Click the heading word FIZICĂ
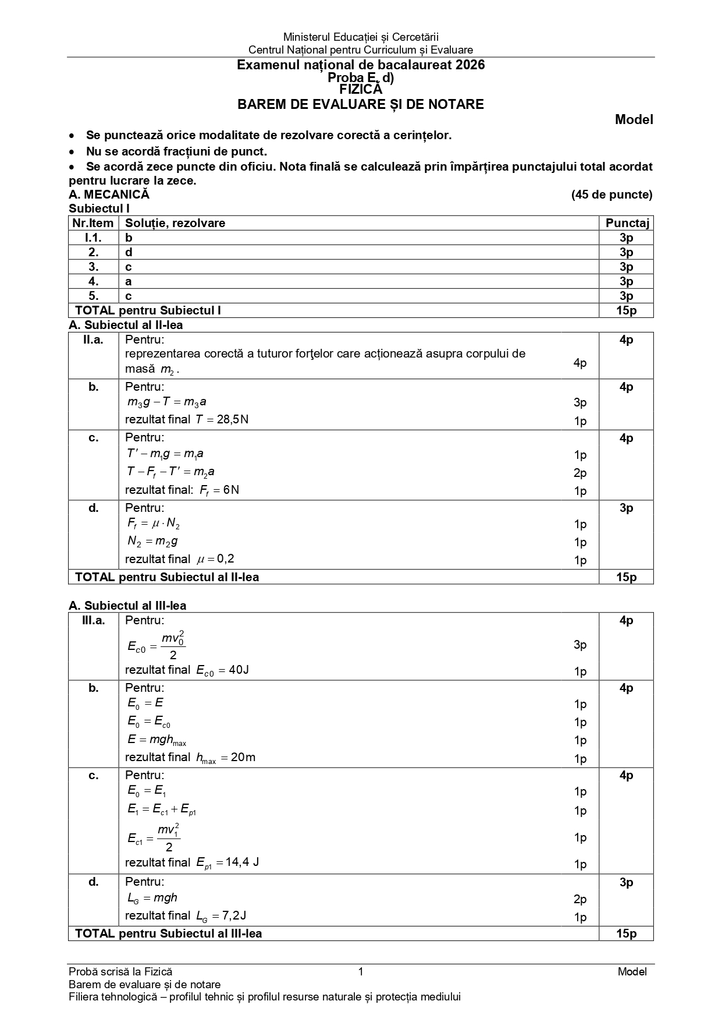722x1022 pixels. click(361, 90)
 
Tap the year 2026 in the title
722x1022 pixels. click(470, 65)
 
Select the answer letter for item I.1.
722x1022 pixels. click(129, 238)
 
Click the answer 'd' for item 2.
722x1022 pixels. click(129, 252)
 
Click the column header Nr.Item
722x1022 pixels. click(93, 223)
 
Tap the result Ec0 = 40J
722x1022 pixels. click(222, 670)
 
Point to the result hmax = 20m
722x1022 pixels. click(226, 758)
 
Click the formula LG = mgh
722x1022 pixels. click(152, 898)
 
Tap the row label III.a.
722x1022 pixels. click(93, 621)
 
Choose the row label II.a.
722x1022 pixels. click(93, 340)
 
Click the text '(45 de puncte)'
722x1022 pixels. click(611, 195)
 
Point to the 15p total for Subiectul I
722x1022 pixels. click(626, 310)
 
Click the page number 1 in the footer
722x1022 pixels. click(361, 971)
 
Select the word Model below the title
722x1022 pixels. click(634, 120)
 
